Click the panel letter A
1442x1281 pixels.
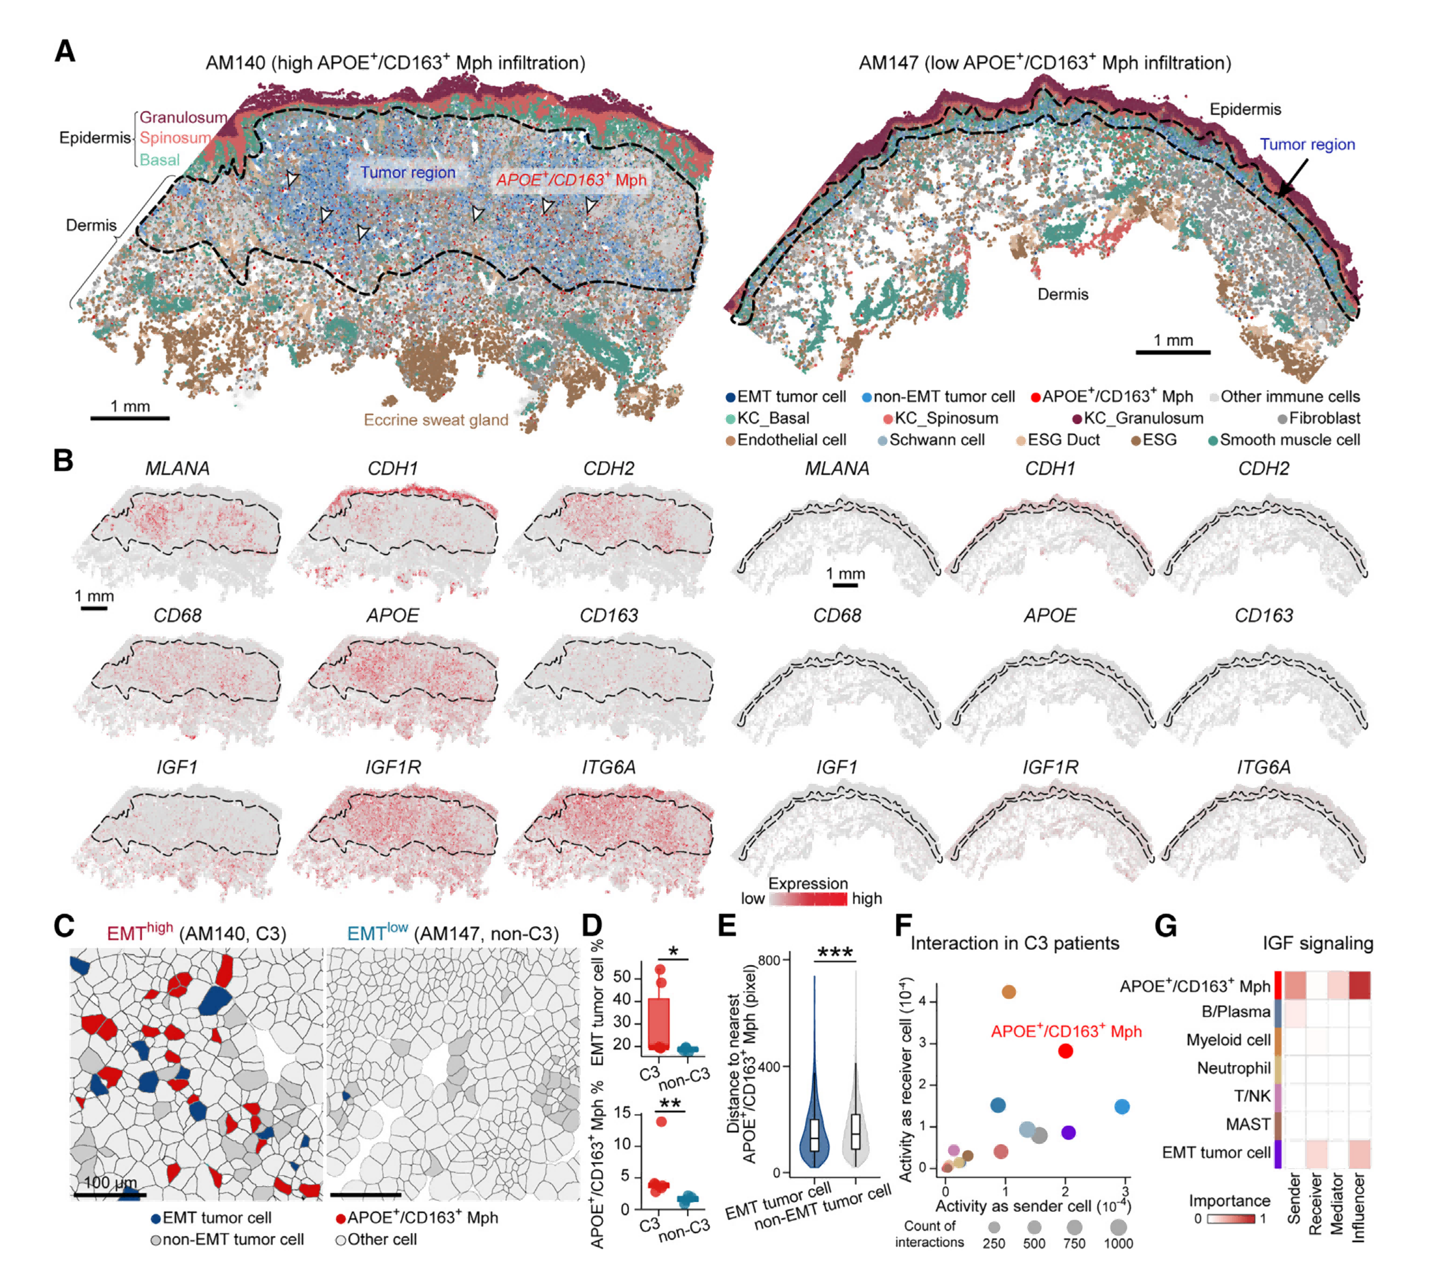click(x=65, y=52)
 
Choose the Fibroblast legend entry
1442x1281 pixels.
click(x=1318, y=418)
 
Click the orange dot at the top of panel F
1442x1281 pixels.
click(x=1009, y=992)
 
